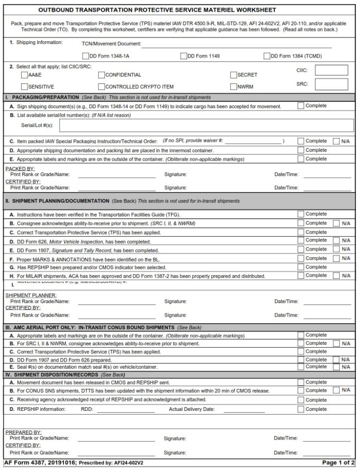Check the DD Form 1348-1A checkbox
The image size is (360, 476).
coord(85,56)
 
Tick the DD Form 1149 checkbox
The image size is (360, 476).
coord(184,56)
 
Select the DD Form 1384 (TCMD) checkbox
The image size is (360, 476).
coord(267,56)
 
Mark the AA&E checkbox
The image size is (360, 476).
coord(24,75)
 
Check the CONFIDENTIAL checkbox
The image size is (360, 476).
coord(101,75)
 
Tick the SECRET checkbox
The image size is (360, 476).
coord(233,75)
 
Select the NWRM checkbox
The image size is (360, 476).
coord(233,87)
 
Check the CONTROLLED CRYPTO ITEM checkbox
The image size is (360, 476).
coord(101,87)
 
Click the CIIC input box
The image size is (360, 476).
coord(331,71)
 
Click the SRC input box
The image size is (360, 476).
coord(331,84)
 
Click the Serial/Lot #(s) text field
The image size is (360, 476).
coord(206,126)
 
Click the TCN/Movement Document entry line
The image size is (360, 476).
coord(236,44)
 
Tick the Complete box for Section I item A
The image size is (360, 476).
coord(301,106)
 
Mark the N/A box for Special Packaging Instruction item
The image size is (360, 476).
coord(336,141)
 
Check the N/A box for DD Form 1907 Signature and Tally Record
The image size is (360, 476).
coord(336,250)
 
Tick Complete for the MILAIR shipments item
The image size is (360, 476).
coord(301,275)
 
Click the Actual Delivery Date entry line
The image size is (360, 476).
coord(244,409)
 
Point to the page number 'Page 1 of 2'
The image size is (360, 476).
coord(338,463)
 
